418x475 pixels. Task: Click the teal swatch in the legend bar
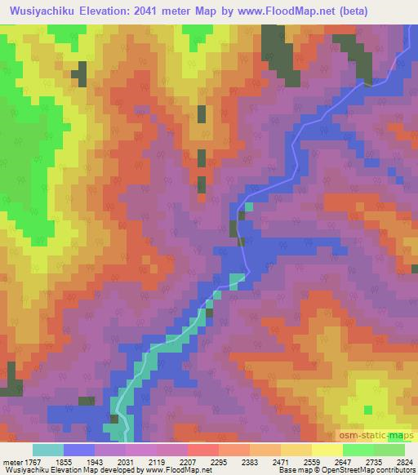[48, 450]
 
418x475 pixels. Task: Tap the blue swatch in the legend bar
[79, 450]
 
